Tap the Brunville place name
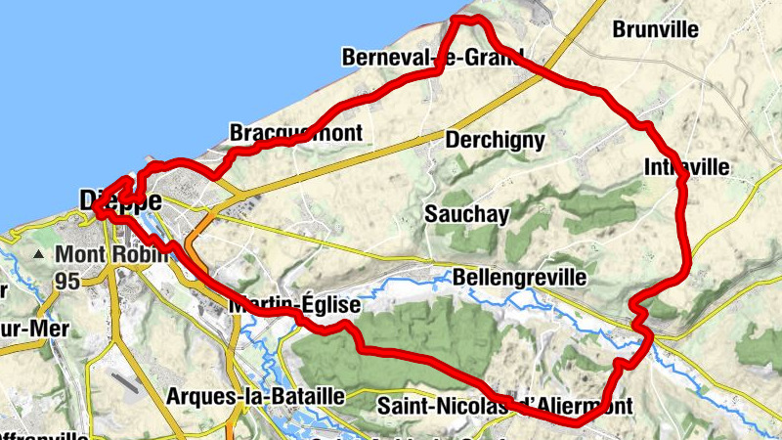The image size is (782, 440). pos(655,29)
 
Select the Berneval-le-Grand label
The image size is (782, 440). pos(432,58)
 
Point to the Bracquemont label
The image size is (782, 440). pos(295,132)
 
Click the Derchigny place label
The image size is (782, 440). pos(495,140)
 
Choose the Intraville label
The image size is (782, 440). pos(686,168)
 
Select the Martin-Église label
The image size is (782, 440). pos(294,306)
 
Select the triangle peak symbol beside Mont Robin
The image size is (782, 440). pos(39,255)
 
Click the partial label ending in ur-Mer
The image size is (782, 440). pos(26,329)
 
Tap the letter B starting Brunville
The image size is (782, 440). pos(619,29)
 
